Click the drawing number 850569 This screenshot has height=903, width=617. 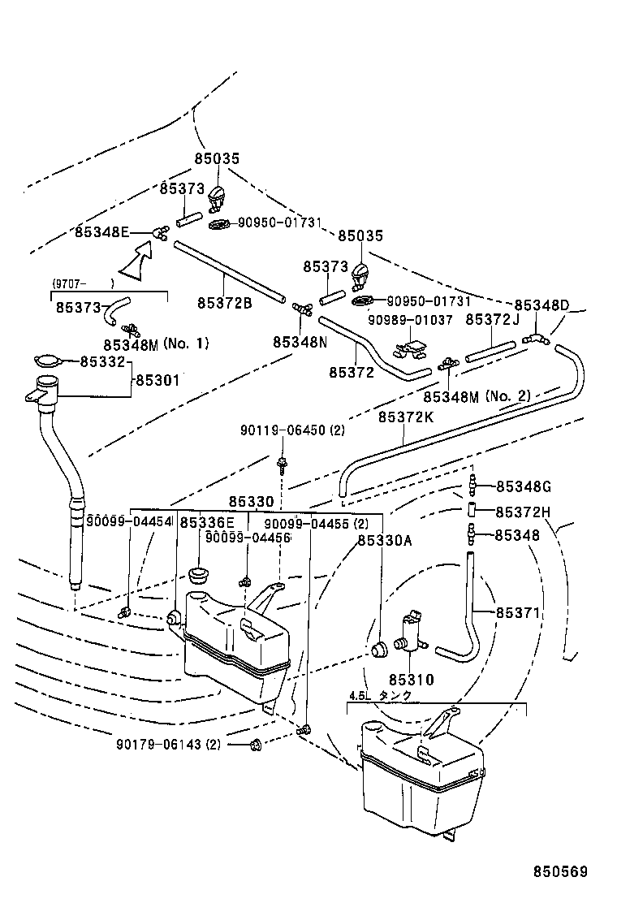pyautogui.click(x=559, y=872)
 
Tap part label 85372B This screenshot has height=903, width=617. pyautogui.click(x=224, y=302)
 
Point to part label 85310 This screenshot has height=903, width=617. pyautogui.click(x=410, y=680)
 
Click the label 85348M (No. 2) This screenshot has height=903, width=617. pyautogui.click(x=477, y=396)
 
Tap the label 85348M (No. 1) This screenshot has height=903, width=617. pyautogui.click(x=156, y=344)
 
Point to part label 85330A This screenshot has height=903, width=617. pyautogui.click(x=384, y=540)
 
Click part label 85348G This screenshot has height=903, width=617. pyautogui.click(x=523, y=486)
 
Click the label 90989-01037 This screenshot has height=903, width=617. pyautogui.click(x=410, y=319)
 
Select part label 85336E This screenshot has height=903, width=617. pyautogui.click(x=207, y=523)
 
